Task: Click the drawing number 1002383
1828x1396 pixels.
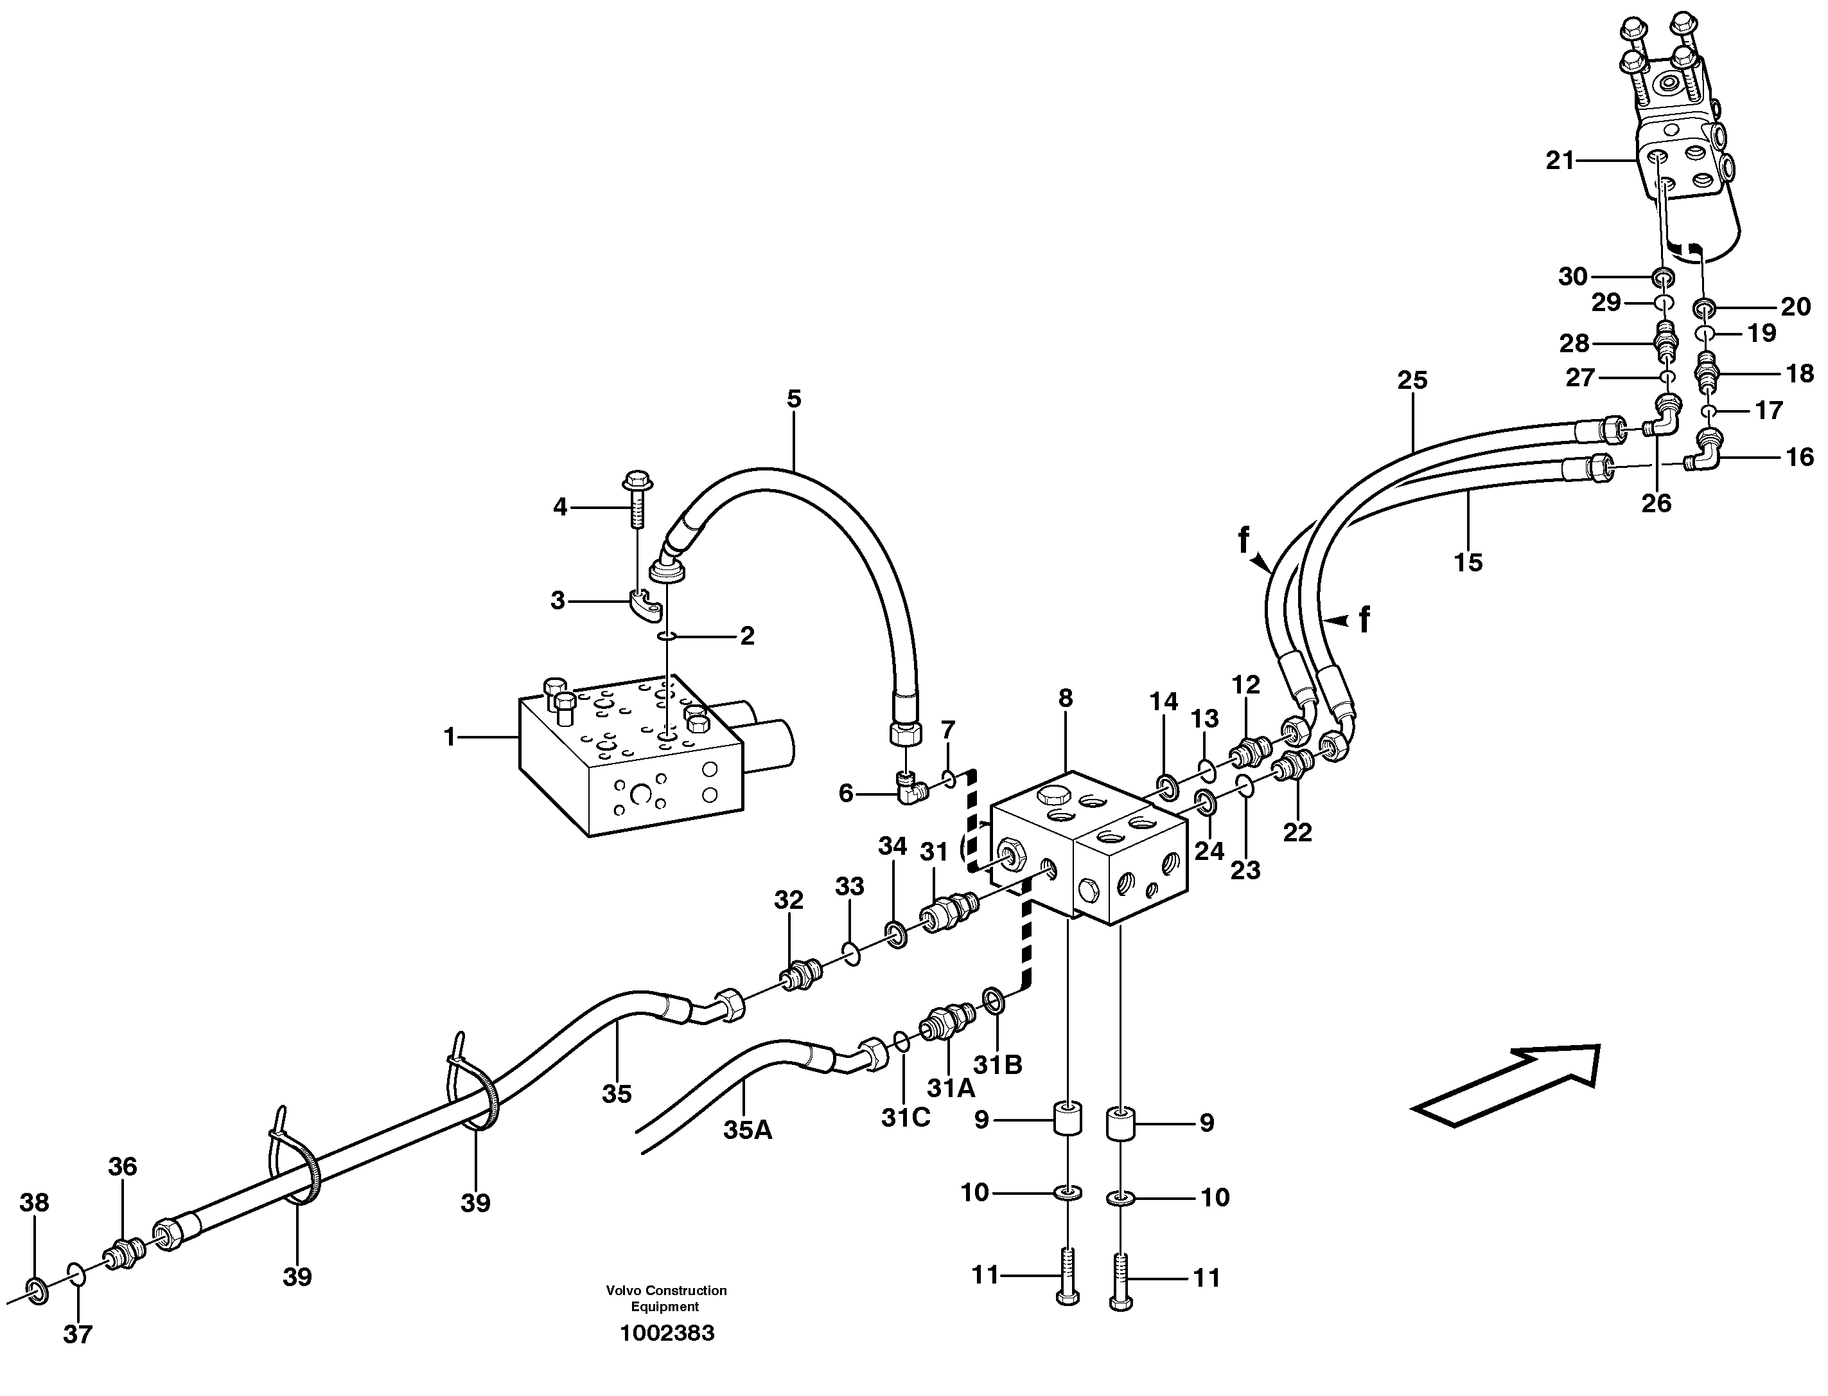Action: (x=666, y=1334)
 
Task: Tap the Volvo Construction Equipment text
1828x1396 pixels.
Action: (x=666, y=1297)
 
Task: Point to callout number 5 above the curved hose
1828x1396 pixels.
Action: (x=794, y=399)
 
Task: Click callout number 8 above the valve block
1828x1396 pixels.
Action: (x=1066, y=699)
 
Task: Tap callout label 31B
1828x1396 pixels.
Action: (x=997, y=1065)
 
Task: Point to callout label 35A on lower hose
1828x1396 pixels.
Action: (x=748, y=1129)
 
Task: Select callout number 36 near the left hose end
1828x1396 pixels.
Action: (x=122, y=1167)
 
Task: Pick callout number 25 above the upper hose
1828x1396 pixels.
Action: (x=1412, y=380)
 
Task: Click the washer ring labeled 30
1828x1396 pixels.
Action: (x=1662, y=277)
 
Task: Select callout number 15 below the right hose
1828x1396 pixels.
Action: (x=1468, y=562)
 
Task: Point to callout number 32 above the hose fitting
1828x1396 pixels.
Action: (x=789, y=900)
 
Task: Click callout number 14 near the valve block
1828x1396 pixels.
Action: (x=1164, y=702)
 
